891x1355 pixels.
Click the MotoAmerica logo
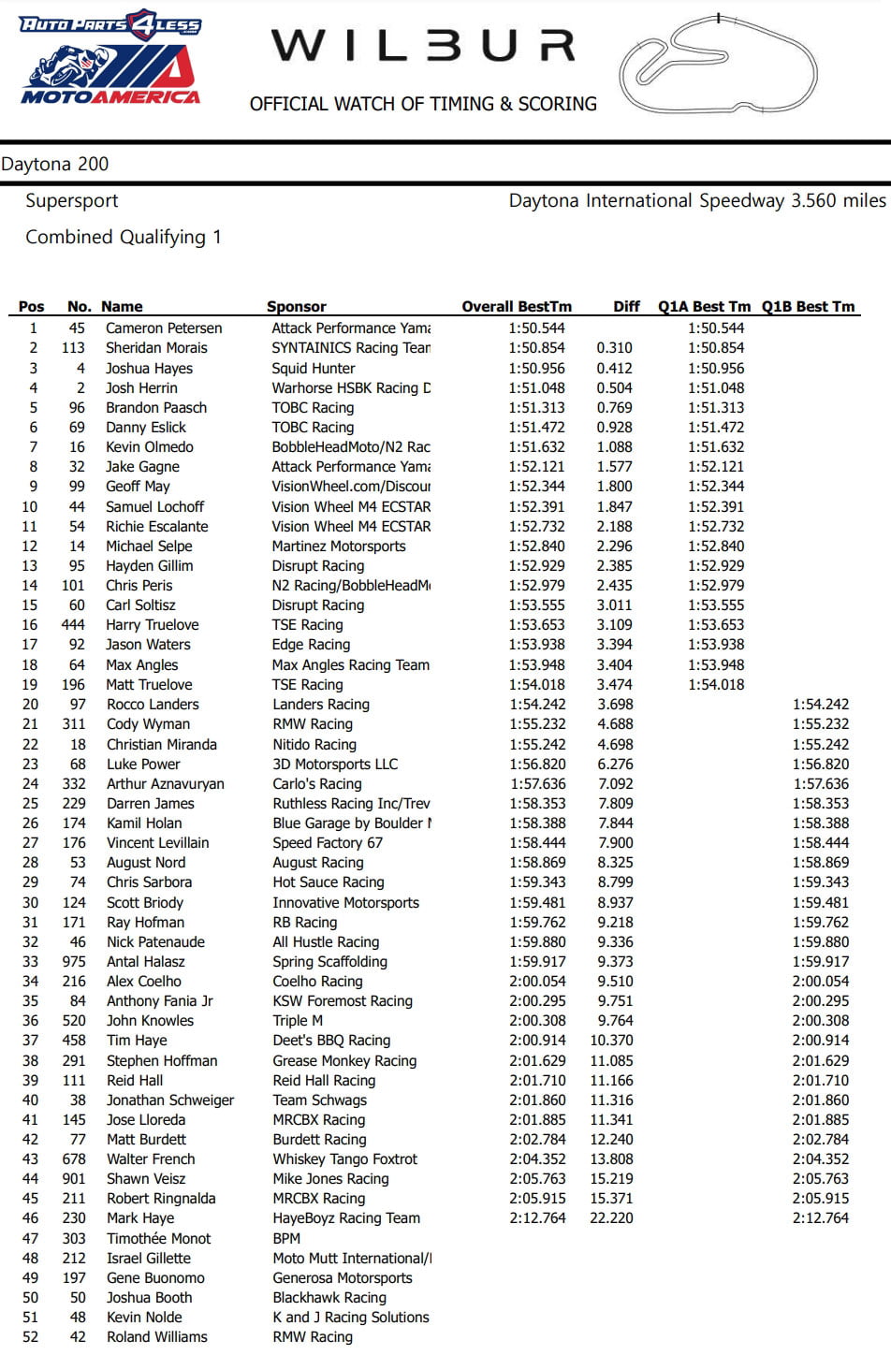pos(110,58)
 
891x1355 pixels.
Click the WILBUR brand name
pos(423,47)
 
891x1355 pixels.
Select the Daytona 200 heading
pos(55,165)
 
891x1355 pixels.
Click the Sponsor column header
pos(297,307)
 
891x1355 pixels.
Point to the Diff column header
pos(626,307)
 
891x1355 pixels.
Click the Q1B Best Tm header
pos(808,307)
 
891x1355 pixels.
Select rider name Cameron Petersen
pos(164,328)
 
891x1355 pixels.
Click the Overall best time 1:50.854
pos(537,348)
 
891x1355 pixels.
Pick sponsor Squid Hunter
pos(314,369)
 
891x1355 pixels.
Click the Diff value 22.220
pos(611,1218)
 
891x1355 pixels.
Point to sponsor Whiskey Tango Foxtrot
pos(345,1159)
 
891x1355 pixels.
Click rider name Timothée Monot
pos(159,1239)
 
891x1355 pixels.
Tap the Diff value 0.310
pos(614,348)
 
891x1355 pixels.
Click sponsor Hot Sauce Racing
pos(329,882)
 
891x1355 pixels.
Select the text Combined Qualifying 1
pos(124,238)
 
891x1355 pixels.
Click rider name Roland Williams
pos(157,1337)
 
